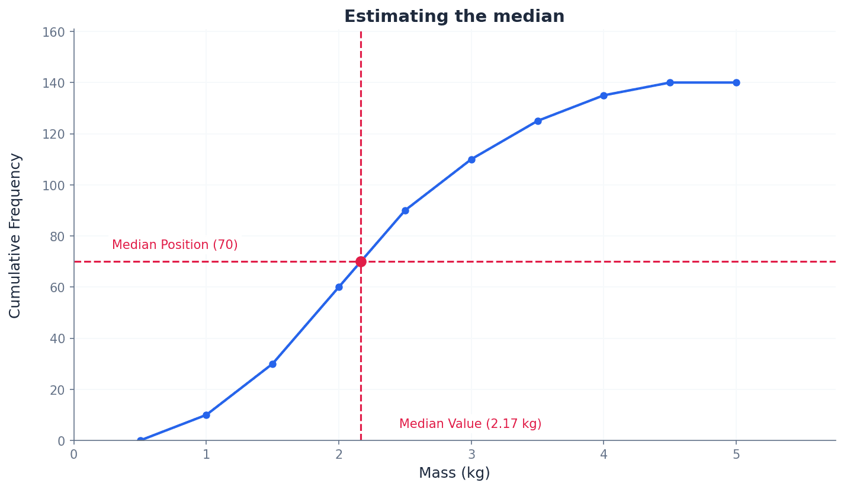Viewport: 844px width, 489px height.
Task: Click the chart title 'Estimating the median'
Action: [454, 17]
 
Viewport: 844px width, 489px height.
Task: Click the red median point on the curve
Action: [361, 261]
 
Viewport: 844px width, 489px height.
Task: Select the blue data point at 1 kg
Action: [206, 415]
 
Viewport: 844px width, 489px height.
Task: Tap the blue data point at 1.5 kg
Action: [272, 364]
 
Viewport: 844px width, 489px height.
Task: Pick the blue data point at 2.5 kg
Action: [405, 210]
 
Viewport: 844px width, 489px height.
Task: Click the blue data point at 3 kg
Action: [471, 159]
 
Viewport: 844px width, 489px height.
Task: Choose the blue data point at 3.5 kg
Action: [538, 121]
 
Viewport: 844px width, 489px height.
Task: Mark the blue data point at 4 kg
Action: [604, 95]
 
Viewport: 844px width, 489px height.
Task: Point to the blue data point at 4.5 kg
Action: [670, 82]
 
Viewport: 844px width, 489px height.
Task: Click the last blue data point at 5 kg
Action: [736, 82]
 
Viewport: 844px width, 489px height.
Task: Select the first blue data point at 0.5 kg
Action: [140, 440]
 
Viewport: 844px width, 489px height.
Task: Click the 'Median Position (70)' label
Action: [175, 245]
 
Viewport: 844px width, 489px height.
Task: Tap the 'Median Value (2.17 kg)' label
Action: [470, 424]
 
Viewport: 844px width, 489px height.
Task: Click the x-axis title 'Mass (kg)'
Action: [454, 473]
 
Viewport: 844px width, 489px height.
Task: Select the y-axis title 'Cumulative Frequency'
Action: [15, 235]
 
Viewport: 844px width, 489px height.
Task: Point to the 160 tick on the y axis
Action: [53, 31]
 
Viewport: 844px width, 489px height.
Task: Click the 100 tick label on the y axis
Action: [53, 185]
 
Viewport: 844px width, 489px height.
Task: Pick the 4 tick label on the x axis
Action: [604, 455]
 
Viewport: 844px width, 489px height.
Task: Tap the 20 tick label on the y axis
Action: [57, 389]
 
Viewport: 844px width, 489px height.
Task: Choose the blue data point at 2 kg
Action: [339, 287]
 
